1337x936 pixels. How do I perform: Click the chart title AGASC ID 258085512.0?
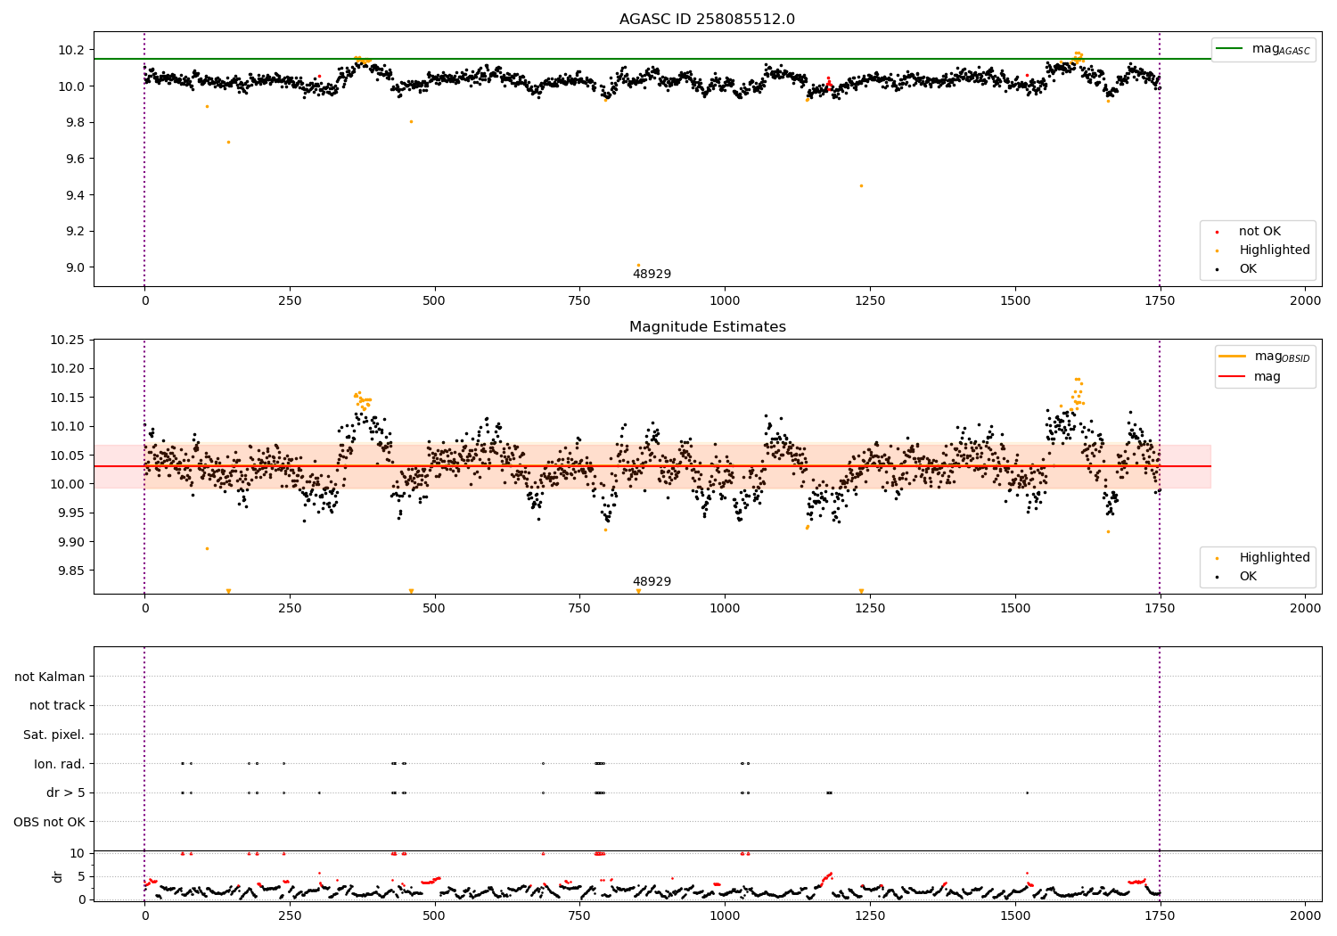[x=707, y=20]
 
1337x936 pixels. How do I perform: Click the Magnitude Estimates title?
[x=707, y=327]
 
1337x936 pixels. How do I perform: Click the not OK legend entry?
[x=1259, y=232]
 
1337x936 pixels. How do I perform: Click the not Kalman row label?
[x=50, y=677]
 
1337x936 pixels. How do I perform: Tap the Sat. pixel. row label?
[x=53, y=735]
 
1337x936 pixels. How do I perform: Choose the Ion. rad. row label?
[x=59, y=764]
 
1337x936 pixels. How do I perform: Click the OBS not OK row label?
[x=49, y=822]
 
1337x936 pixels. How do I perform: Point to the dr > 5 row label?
[x=65, y=792]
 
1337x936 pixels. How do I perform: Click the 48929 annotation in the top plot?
[x=652, y=275]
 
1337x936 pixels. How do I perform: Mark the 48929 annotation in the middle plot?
[x=652, y=582]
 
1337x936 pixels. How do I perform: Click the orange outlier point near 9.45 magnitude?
[x=861, y=185]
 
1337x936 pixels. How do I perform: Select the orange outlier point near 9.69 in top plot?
[x=228, y=142]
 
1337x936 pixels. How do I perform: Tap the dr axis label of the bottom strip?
[x=58, y=876]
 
